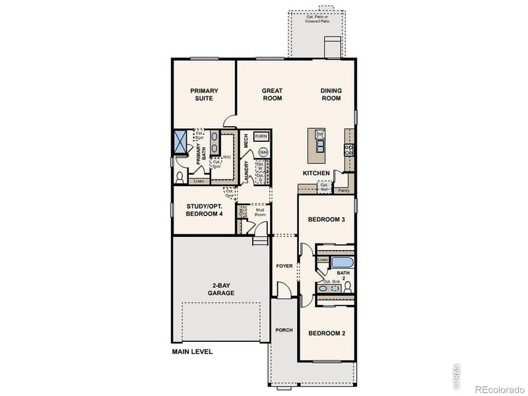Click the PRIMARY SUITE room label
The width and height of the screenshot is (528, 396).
click(x=204, y=94)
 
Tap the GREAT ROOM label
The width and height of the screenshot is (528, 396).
click(x=272, y=94)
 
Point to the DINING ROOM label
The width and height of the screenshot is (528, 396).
click(x=331, y=94)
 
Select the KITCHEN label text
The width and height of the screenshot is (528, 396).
click(x=316, y=173)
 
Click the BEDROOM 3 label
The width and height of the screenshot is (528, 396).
click(x=327, y=219)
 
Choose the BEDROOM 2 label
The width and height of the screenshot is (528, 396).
click(x=327, y=333)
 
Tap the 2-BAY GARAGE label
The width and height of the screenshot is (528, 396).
click(x=221, y=288)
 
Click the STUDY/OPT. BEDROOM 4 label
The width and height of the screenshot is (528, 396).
click(x=205, y=209)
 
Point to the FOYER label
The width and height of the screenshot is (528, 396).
click(x=284, y=266)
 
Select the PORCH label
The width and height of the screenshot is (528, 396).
click(x=284, y=330)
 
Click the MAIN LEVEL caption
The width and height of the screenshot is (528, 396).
click(x=192, y=352)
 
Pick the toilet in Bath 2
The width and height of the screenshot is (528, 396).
click(x=347, y=286)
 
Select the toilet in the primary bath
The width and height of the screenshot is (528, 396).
click(x=180, y=177)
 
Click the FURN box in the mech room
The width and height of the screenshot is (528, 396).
click(x=261, y=135)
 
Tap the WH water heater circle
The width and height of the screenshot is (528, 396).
click(x=263, y=152)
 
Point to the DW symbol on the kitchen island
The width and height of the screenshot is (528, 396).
click(x=320, y=135)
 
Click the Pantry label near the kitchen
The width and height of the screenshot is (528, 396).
click(x=343, y=190)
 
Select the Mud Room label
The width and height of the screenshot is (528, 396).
click(x=261, y=213)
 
